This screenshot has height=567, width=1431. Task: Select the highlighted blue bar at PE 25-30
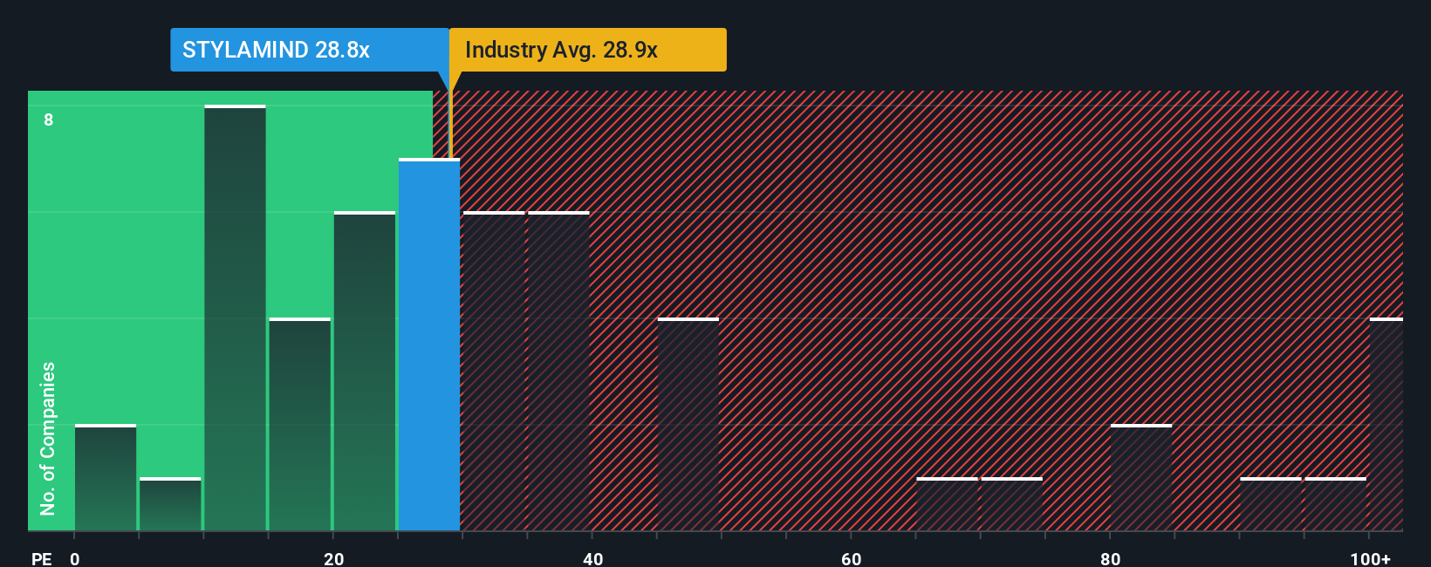point(429,345)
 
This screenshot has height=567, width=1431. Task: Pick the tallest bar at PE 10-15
point(235,318)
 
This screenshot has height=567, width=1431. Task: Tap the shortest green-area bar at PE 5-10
point(170,504)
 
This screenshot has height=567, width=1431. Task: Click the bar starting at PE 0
point(106,478)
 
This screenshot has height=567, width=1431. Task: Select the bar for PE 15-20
point(300,425)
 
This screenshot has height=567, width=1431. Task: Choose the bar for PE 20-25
point(365,372)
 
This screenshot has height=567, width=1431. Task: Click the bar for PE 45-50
point(688,425)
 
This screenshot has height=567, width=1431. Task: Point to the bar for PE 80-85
point(1141,478)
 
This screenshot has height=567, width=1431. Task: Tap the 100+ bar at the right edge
point(1386,425)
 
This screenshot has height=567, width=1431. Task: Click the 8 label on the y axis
point(49,120)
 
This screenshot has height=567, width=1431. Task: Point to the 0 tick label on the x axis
point(75,558)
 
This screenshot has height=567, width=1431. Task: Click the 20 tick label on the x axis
point(333,558)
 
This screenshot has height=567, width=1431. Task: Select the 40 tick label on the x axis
point(592,558)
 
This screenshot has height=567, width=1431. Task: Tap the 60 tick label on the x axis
point(851,558)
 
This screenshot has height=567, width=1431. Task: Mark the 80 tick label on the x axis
point(1110,558)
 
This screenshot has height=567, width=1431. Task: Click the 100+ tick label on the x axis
point(1370,558)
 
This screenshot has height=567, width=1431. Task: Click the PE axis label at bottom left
point(41,558)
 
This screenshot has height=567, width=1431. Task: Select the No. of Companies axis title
point(48,438)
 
